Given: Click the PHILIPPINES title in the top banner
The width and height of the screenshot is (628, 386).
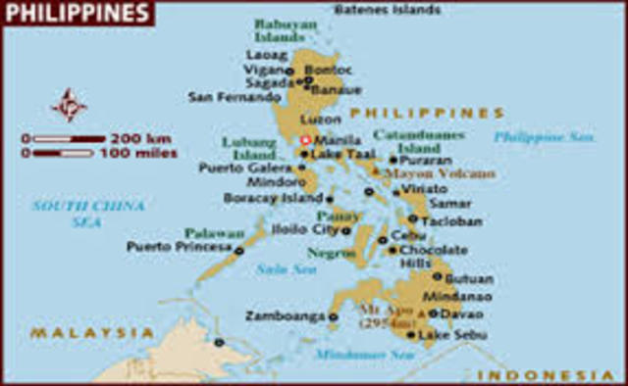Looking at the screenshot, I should (77, 13).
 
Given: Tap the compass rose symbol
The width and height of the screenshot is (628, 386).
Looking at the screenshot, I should (69, 104).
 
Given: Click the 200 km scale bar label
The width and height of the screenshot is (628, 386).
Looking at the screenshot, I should (142, 138).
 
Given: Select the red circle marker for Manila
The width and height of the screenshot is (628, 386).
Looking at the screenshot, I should (305, 140).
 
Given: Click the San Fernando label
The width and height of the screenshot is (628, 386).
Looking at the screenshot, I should (234, 97).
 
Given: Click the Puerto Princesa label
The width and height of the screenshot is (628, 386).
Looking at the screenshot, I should (178, 247).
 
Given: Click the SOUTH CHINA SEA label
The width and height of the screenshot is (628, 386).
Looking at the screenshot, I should (88, 213).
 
